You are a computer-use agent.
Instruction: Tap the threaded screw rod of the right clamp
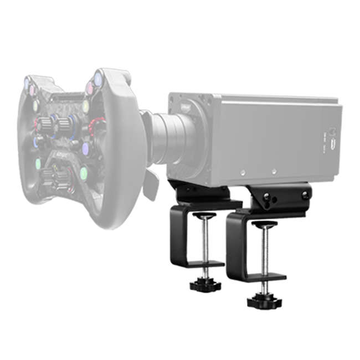tap(265, 255)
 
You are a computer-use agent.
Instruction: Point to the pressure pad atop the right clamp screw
tap(265, 224)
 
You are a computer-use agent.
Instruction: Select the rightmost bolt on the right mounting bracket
tap(304, 195)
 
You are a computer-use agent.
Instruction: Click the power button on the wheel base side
tap(332, 132)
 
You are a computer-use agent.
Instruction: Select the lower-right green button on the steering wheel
tap(84, 174)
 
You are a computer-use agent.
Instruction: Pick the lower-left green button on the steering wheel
tap(38, 164)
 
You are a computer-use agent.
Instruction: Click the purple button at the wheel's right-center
tap(86, 148)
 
